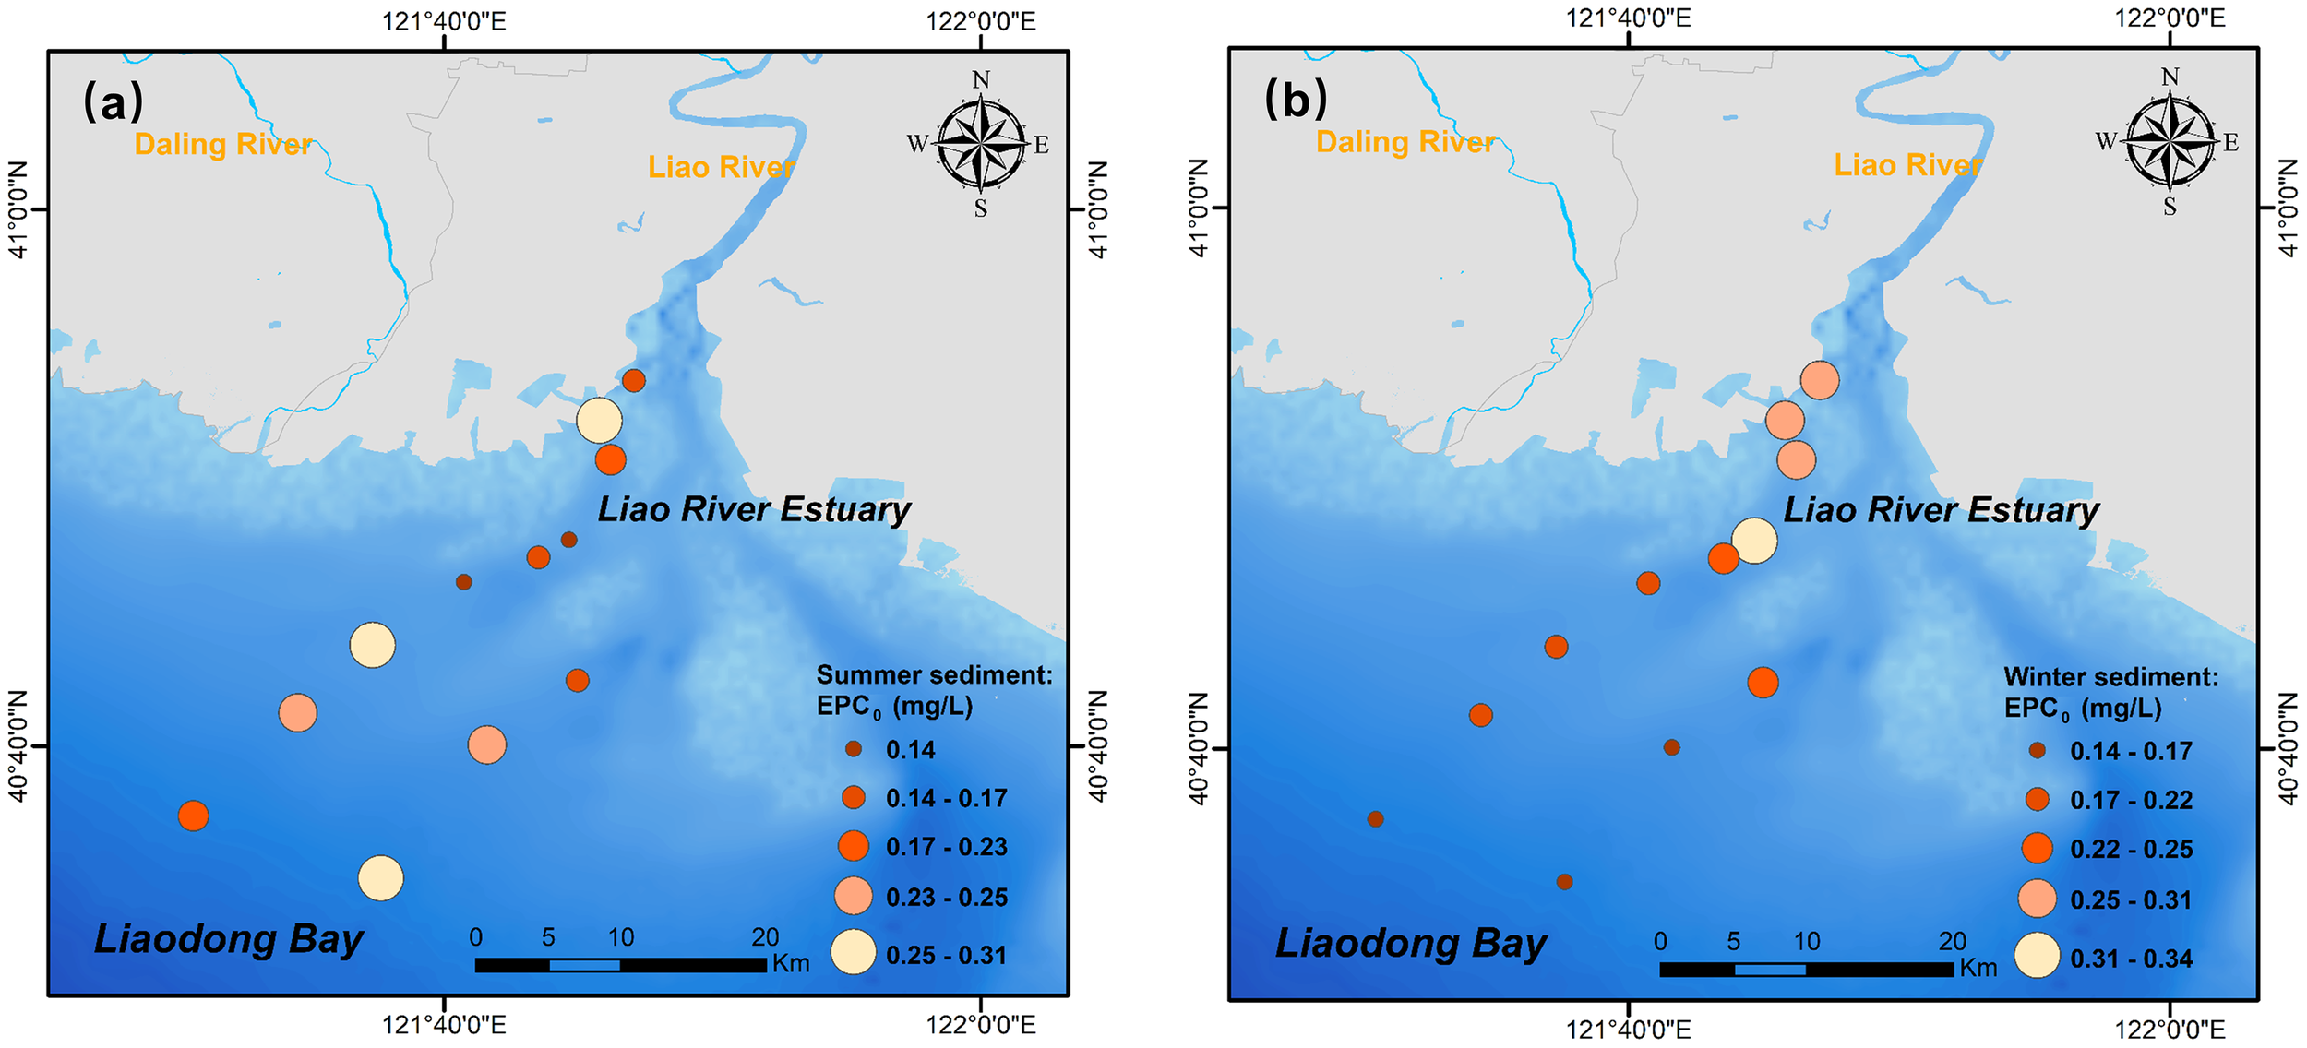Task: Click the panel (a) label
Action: (113, 101)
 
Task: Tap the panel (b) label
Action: (1295, 99)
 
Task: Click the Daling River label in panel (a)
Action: (222, 144)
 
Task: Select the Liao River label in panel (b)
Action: (1907, 165)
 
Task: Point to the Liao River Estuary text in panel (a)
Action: (753, 509)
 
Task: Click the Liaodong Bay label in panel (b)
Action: (1410, 943)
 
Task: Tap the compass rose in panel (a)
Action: (981, 145)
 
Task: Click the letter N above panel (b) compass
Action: (2170, 77)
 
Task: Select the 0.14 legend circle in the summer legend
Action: (854, 749)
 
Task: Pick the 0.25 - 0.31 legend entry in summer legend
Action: (946, 955)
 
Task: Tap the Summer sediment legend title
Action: (933, 675)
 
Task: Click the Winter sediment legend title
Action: (2110, 677)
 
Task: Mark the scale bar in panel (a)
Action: (620, 965)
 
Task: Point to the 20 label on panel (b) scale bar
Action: (1952, 941)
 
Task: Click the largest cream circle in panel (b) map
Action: (1754, 541)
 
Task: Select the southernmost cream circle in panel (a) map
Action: (380, 878)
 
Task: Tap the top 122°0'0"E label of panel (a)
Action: (980, 20)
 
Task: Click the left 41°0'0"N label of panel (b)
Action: (1197, 208)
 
